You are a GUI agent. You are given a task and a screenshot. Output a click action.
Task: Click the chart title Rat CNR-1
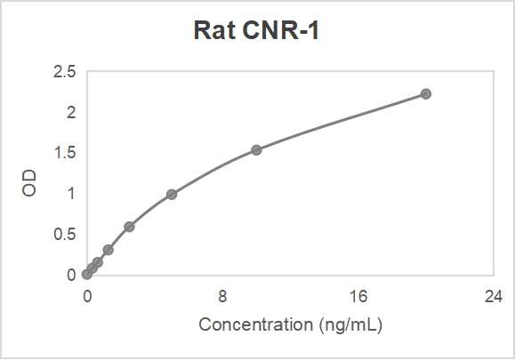tap(256, 31)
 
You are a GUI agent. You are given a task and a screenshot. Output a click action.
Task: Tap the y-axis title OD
tap(30, 183)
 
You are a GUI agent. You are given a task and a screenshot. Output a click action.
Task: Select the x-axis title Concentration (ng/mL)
tap(290, 324)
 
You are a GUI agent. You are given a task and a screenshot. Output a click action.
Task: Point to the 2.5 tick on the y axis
tap(65, 72)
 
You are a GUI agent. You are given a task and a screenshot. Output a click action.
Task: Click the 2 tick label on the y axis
tap(71, 112)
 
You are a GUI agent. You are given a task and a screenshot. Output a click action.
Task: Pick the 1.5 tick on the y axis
tap(65, 153)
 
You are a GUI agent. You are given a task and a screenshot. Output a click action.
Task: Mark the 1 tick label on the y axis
tap(71, 193)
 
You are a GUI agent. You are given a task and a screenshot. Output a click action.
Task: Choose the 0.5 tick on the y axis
tap(65, 234)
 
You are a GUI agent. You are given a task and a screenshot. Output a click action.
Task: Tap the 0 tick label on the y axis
tap(71, 275)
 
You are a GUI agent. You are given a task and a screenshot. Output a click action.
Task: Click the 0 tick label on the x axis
tap(87, 296)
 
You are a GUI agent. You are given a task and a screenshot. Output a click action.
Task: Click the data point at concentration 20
tap(426, 93)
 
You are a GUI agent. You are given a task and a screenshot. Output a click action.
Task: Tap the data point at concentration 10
tap(256, 149)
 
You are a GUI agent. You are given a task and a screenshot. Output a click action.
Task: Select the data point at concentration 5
tap(172, 194)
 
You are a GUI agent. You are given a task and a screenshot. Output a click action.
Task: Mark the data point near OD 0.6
tap(129, 227)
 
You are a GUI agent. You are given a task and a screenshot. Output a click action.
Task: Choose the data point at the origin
tap(87, 274)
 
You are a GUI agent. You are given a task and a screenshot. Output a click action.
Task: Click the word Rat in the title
tap(212, 31)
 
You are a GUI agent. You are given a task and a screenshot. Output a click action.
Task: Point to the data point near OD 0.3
tap(108, 250)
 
